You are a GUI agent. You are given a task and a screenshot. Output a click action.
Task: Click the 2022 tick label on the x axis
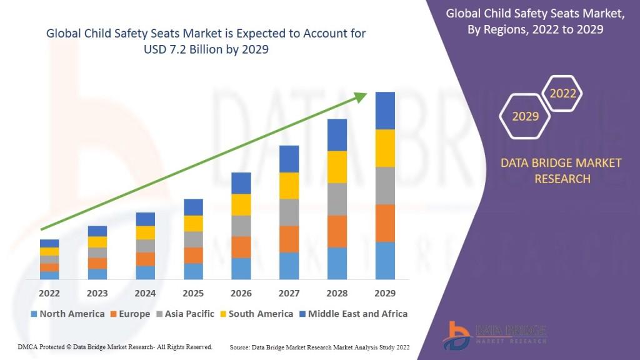(x=49, y=293)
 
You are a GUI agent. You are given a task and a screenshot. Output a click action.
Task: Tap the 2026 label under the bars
(x=241, y=293)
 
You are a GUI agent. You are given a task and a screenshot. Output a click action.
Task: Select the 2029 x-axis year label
(x=385, y=293)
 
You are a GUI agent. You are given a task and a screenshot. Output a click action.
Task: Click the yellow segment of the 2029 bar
(x=385, y=148)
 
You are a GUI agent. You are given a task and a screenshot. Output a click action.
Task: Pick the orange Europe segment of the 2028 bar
(x=337, y=231)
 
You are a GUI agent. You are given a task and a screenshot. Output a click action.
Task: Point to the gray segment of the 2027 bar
(x=289, y=212)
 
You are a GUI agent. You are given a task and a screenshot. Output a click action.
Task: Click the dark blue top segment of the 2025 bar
(x=193, y=207)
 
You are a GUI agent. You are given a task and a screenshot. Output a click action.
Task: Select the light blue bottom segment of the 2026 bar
(x=241, y=268)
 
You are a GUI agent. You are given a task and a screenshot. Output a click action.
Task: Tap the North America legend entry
(x=67, y=314)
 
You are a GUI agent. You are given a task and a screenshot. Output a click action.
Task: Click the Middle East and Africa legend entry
(x=353, y=314)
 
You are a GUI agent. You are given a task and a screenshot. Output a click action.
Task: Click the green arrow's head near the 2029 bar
(x=361, y=96)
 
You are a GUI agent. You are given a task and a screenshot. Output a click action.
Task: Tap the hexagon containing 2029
(x=525, y=116)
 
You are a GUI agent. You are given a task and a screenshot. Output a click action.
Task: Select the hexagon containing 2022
(x=562, y=94)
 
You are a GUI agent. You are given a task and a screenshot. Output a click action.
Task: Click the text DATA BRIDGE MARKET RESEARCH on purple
(x=561, y=171)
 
